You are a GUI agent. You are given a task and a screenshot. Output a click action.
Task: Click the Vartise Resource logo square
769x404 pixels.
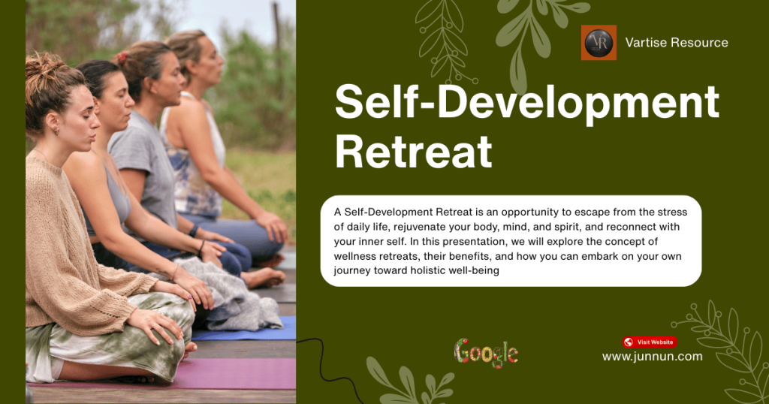coord(599,43)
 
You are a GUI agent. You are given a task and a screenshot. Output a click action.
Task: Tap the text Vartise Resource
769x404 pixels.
coord(677,43)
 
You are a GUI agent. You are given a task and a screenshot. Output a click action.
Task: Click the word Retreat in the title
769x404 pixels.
coord(413,151)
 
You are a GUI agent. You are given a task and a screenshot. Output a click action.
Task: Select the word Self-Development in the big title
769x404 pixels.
coord(526,103)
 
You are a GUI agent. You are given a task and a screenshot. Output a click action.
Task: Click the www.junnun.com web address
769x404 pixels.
coord(653,357)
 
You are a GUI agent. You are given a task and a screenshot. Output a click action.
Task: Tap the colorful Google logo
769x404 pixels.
coord(486,352)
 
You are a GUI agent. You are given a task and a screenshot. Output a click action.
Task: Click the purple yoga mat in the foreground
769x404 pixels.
coord(225,373)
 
